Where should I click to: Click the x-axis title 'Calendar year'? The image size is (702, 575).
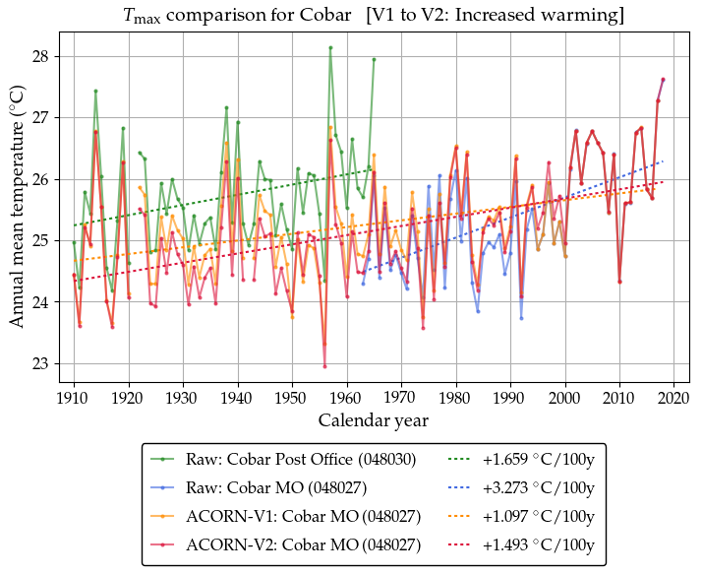[x=374, y=420]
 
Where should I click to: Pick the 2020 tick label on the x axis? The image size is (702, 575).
[x=673, y=398]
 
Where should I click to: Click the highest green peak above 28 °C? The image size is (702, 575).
[x=330, y=47]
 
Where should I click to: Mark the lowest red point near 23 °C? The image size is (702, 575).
[x=324, y=366]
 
